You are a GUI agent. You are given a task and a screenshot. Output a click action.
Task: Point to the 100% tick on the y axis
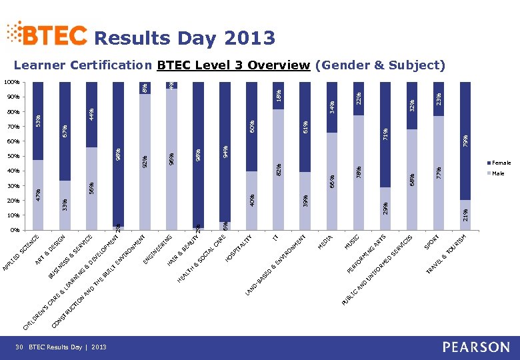[10, 83]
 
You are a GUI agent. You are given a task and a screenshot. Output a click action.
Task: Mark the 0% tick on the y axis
[13, 231]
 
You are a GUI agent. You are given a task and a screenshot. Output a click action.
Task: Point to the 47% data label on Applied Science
[38, 195]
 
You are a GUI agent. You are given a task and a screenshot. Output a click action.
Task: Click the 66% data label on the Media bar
[331, 180]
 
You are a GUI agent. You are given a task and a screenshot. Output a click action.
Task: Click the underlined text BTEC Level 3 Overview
[233, 65]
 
